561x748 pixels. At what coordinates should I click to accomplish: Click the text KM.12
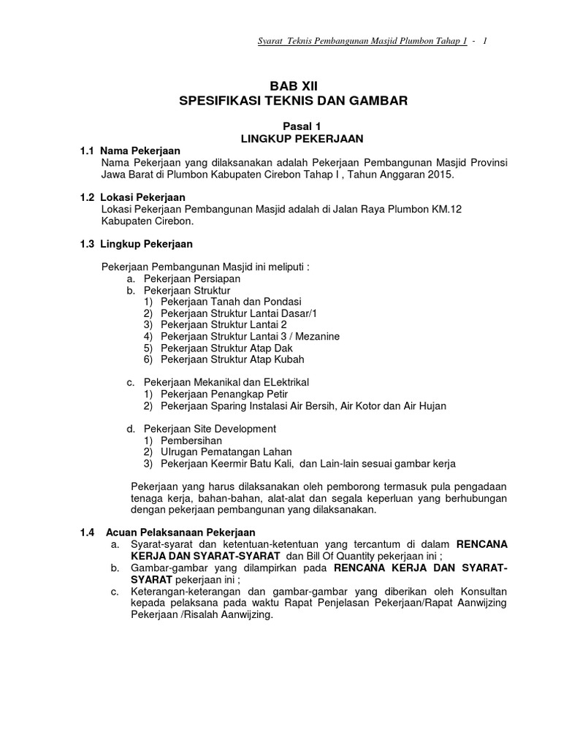click(x=447, y=210)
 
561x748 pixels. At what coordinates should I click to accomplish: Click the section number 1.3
click(x=88, y=244)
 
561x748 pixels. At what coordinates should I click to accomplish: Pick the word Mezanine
click(x=313, y=336)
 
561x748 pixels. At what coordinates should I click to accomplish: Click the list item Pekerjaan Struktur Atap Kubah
click(x=232, y=359)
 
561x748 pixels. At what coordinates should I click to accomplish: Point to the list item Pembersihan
click(x=192, y=440)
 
